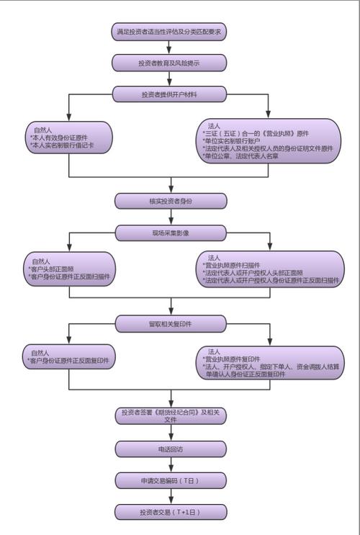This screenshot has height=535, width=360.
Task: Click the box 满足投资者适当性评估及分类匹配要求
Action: [x=169, y=32]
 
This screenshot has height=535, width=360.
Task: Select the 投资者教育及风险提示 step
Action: [x=169, y=63]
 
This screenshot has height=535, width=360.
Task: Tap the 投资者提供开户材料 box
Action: [x=169, y=94]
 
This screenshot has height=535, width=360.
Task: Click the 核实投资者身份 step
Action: [x=169, y=200]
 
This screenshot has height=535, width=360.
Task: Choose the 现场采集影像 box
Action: [x=169, y=231]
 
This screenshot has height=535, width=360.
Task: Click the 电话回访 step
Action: [x=170, y=448]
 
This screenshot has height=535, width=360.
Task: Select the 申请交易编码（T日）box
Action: [x=170, y=480]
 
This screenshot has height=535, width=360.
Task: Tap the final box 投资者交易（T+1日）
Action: [x=170, y=511]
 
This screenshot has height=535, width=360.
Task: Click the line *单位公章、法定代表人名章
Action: [x=245, y=156]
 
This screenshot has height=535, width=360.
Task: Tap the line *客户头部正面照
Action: [x=54, y=269]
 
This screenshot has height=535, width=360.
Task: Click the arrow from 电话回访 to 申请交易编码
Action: [x=170, y=464]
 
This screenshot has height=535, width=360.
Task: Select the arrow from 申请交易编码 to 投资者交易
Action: [x=170, y=495]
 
